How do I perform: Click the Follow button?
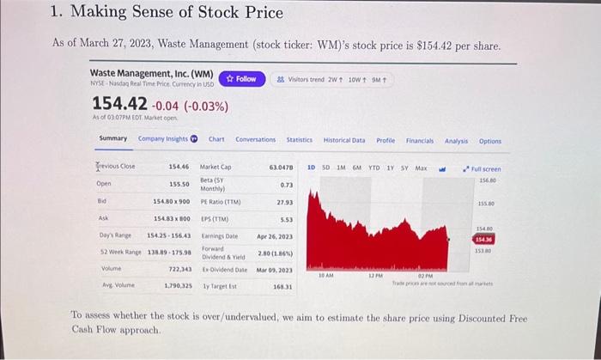tap(242, 79)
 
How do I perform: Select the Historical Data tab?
tap(343, 140)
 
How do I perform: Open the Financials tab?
tap(420, 140)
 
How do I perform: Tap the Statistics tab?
tap(299, 140)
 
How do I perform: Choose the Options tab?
tap(490, 141)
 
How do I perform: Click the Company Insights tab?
tap(167, 139)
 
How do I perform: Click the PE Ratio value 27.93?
tap(284, 202)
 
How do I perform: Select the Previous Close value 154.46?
tap(179, 166)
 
